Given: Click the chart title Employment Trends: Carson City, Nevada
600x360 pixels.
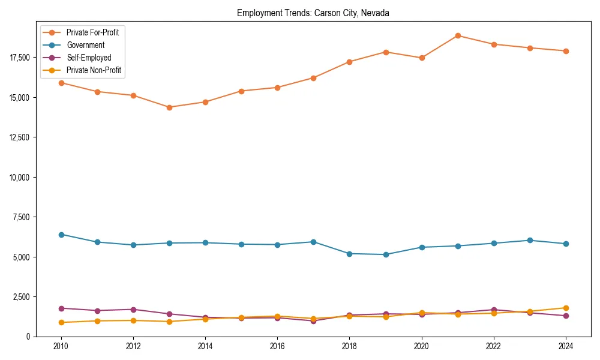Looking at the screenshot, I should [313, 13].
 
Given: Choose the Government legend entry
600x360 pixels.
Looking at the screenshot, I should [85, 45].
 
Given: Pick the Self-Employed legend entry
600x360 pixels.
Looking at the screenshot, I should [89, 58].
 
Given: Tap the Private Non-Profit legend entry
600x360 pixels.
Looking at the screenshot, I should [94, 70].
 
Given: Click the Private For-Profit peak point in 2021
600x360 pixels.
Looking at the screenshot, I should [458, 35].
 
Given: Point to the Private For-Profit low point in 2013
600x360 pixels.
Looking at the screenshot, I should [169, 107].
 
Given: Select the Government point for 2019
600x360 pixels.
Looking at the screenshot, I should [386, 254].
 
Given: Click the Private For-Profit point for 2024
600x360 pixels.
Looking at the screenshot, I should [566, 51].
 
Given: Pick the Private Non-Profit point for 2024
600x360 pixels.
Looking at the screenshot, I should [566, 308].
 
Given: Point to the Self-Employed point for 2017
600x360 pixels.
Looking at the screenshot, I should [313, 321].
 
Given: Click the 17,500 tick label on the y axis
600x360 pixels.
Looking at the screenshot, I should [19, 58].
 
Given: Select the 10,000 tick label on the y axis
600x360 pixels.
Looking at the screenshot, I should [19, 177].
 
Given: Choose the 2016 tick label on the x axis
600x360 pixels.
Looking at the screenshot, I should [277, 346].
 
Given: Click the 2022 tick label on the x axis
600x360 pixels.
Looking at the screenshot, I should [494, 346].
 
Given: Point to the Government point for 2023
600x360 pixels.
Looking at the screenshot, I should [530, 240].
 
